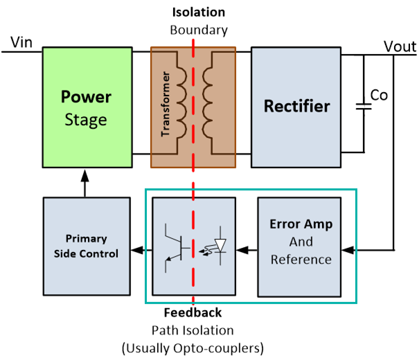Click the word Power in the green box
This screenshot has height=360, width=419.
[x=86, y=97]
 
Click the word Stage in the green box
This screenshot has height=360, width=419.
[x=86, y=120]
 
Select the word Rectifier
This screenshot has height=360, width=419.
[x=296, y=106]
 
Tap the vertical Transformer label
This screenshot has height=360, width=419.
[x=166, y=104]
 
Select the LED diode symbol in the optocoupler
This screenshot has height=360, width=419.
[x=220, y=246]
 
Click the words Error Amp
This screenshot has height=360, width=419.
[x=301, y=224]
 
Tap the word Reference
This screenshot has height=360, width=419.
[x=301, y=260]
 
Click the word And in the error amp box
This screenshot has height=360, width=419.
[x=301, y=242]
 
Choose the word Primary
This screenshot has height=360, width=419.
[x=86, y=238]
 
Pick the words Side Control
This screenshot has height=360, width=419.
[x=86, y=253]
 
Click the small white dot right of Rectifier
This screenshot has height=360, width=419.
[x=364, y=107]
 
